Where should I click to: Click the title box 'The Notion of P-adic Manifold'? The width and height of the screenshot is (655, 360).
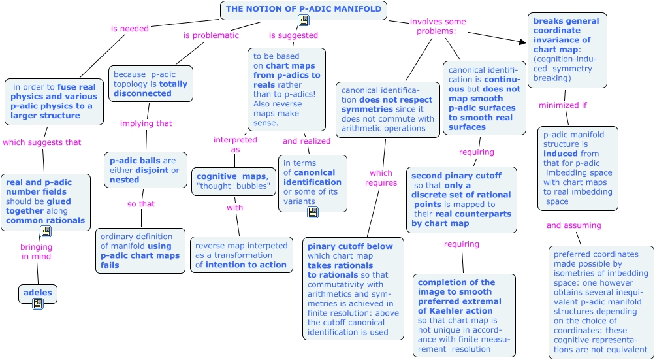pos(304,10)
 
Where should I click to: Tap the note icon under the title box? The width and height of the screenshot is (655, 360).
pos(304,20)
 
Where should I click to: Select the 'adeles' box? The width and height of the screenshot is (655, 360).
pos(38,293)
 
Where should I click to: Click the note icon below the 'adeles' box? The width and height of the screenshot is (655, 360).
pos(38,304)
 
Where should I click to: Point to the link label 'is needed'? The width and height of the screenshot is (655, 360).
pos(129,29)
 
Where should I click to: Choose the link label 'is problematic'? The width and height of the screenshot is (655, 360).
pos(211,35)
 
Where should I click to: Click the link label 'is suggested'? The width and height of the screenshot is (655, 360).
pos(293,35)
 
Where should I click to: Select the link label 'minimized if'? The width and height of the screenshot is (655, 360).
pos(563,105)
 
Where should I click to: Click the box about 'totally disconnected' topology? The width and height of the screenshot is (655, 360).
pos(151,84)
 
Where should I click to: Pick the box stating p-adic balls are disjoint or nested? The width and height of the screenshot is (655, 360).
pos(146,170)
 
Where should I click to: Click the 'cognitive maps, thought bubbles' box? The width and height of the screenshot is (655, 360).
pos(234,181)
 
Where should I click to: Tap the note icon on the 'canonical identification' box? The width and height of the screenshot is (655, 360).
pos(313,212)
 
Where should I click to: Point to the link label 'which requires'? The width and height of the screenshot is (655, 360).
pos(381,178)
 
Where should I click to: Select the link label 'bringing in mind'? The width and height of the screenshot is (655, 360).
pos(37,250)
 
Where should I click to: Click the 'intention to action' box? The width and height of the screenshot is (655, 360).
pos(242,255)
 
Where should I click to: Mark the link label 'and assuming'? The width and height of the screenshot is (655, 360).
pos(573,225)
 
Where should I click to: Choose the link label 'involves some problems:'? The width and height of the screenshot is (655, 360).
pos(438,26)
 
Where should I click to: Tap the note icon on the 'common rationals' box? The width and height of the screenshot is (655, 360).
pos(46,231)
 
